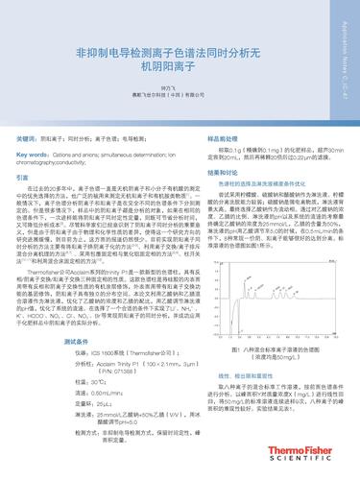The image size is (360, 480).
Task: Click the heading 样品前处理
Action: pyautogui.click(x=211, y=138)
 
